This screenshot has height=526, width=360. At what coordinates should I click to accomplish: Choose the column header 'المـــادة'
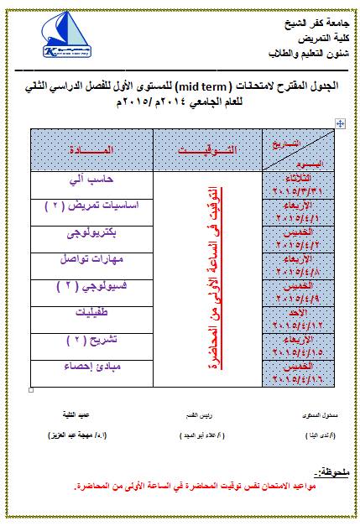click(91, 149)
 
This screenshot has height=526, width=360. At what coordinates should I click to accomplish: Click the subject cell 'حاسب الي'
click(91, 180)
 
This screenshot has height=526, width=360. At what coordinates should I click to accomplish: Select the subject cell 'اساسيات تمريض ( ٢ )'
click(91, 206)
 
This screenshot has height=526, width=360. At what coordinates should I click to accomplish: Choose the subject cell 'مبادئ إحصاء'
click(91, 367)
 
